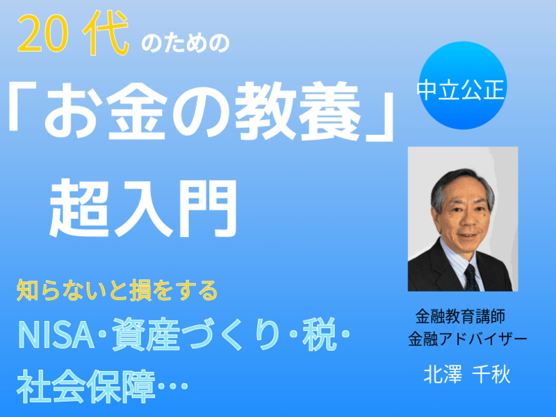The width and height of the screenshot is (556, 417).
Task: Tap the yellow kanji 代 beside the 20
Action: (x=106, y=33)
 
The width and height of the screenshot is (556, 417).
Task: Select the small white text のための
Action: (x=186, y=44)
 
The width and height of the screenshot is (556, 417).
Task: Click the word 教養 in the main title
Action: (x=297, y=111)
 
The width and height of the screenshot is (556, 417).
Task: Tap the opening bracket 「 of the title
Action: (x=22, y=106)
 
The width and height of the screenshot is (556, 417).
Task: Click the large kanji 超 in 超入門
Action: (x=79, y=208)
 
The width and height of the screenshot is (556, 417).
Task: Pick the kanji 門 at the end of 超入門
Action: (x=207, y=208)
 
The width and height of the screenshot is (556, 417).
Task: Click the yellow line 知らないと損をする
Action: (x=117, y=291)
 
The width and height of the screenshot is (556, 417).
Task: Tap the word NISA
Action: (x=56, y=334)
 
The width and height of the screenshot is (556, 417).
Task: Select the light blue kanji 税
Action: (x=319, y=334)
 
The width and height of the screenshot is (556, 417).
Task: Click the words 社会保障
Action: (x=86, y=386)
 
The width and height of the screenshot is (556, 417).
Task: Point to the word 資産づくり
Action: (x=196, y=334)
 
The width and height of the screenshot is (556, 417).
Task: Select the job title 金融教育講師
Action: (x=460, y=316)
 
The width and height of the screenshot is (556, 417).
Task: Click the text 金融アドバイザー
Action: (x=467, y=339)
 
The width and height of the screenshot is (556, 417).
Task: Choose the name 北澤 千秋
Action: (x=467, y=375)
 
